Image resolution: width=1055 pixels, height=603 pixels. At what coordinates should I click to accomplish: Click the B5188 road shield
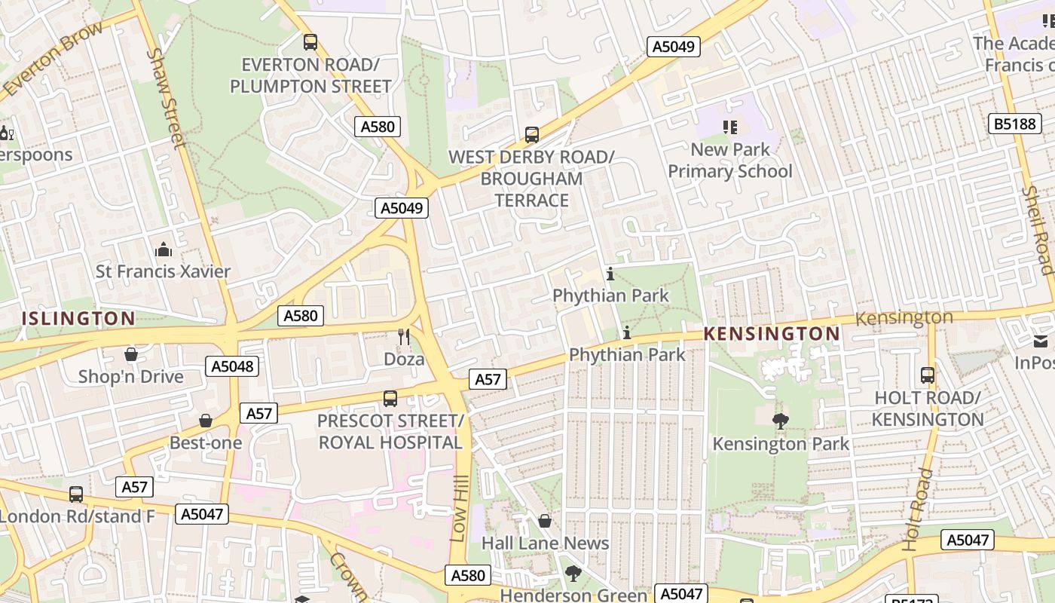[x=1014, y=124]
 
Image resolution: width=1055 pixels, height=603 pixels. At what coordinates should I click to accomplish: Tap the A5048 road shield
[x=232, y=366]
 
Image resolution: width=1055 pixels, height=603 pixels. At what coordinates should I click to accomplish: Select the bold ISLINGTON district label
[x=78, y=318]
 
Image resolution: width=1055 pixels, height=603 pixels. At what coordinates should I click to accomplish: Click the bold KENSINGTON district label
[x=772, y=333]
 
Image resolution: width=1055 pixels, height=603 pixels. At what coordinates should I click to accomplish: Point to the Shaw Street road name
[x=167, y=98]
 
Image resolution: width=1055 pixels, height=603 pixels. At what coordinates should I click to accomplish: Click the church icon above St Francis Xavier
[x=163, y=249]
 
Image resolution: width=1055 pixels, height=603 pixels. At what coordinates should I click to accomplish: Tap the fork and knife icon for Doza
[x=404, y=337]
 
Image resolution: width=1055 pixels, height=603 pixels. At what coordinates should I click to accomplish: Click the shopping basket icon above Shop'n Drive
[x=131, y=354]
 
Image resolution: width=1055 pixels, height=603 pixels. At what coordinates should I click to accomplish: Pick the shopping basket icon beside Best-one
[x=206, y=421]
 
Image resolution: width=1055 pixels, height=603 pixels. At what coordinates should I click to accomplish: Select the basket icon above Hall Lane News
[x=545, y=521]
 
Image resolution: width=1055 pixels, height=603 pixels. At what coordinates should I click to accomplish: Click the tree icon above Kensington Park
[x=781, y=421]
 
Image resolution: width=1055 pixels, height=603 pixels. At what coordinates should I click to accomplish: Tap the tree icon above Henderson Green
[x=573, y=574]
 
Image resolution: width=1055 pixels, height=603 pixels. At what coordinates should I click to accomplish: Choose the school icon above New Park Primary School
[x=729, y=127]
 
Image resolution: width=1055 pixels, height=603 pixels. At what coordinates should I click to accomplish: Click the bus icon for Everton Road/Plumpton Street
[x=310, y=42]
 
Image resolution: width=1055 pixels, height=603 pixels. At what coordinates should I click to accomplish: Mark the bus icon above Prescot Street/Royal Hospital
[x=390, y=398]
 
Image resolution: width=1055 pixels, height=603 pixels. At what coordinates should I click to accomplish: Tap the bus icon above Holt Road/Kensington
[x=928, y=375]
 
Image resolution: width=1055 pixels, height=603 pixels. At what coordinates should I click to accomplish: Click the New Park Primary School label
[x=729, y=161]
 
